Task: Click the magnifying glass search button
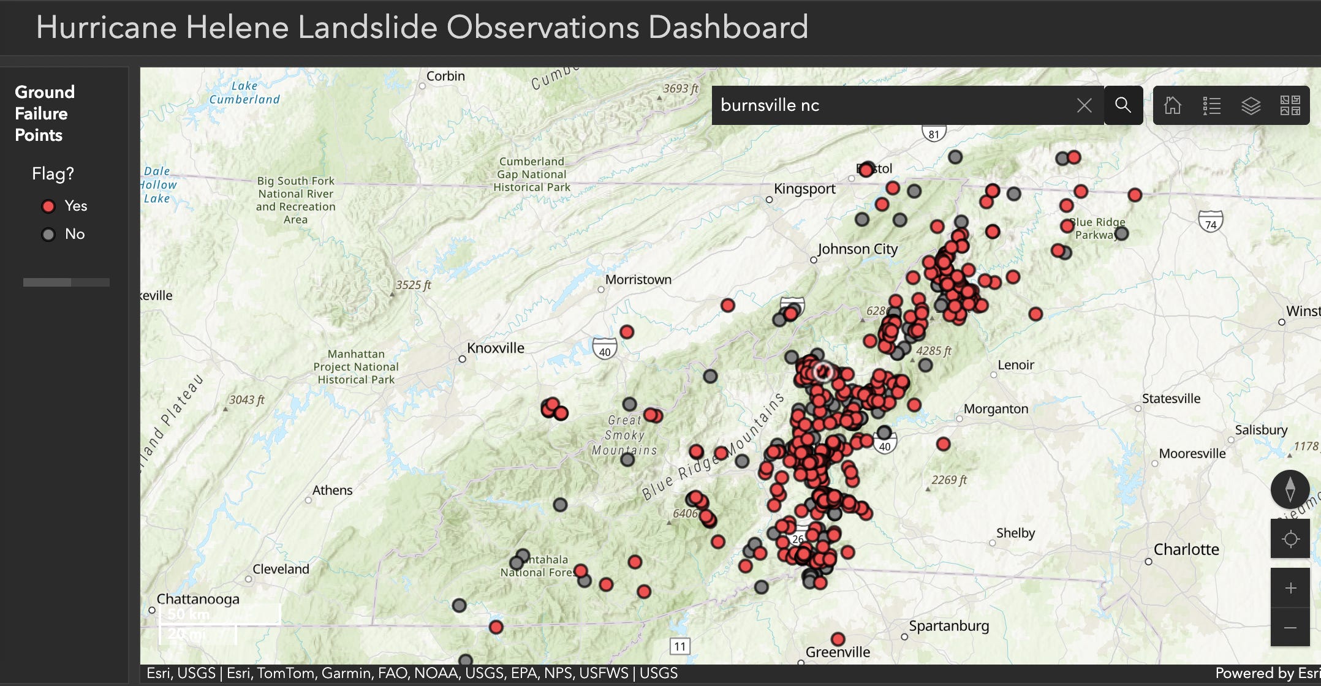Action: pos(1123,105)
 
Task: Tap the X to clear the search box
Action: pos(1084,105)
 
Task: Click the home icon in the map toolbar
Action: pos(1173,105)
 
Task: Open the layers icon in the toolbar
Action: pos(1251,105)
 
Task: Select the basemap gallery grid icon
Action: pos(1290,105)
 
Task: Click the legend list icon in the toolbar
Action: pos(1212,105)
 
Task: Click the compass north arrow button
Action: pos(1290,489)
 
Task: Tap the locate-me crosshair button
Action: pos(1290,539)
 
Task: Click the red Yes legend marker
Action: pos(48,206)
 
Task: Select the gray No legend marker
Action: pos(48,235)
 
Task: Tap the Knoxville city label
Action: pos(495,349)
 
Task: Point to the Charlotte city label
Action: pos(1186,549)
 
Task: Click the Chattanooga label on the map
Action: pos(198,599)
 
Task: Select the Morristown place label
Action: pos(638,280)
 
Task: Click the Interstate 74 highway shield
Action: pos(1210,222)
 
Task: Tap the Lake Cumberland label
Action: pos(244,92)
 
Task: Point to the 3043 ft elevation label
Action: pos(246,400)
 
